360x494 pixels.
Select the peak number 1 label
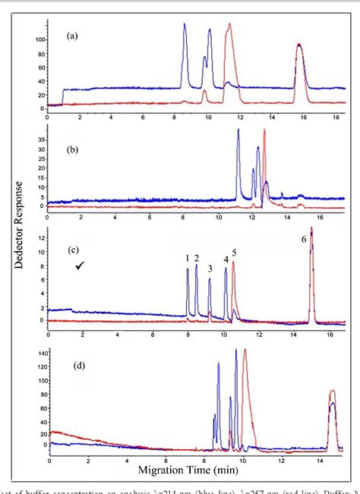point(188,259)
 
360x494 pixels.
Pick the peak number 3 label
point(210,268)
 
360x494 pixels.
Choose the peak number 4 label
point(226,260)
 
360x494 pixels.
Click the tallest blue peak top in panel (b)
point(238,130)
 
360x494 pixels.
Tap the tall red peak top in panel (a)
point(230,24)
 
